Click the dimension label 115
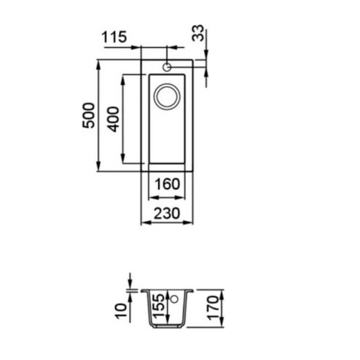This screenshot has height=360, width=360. tap(114, 37)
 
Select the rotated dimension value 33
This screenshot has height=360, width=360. tap(198, 33)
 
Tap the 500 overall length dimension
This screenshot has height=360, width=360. tap(88, 115)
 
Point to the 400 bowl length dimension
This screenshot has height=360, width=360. tap(113, 119)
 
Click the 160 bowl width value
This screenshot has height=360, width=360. tap(167, 184)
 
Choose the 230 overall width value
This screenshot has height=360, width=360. tap(167, 213)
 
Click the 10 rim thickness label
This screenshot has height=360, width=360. tap(121, 311)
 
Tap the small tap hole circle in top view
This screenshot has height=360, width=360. tap(167, 67)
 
